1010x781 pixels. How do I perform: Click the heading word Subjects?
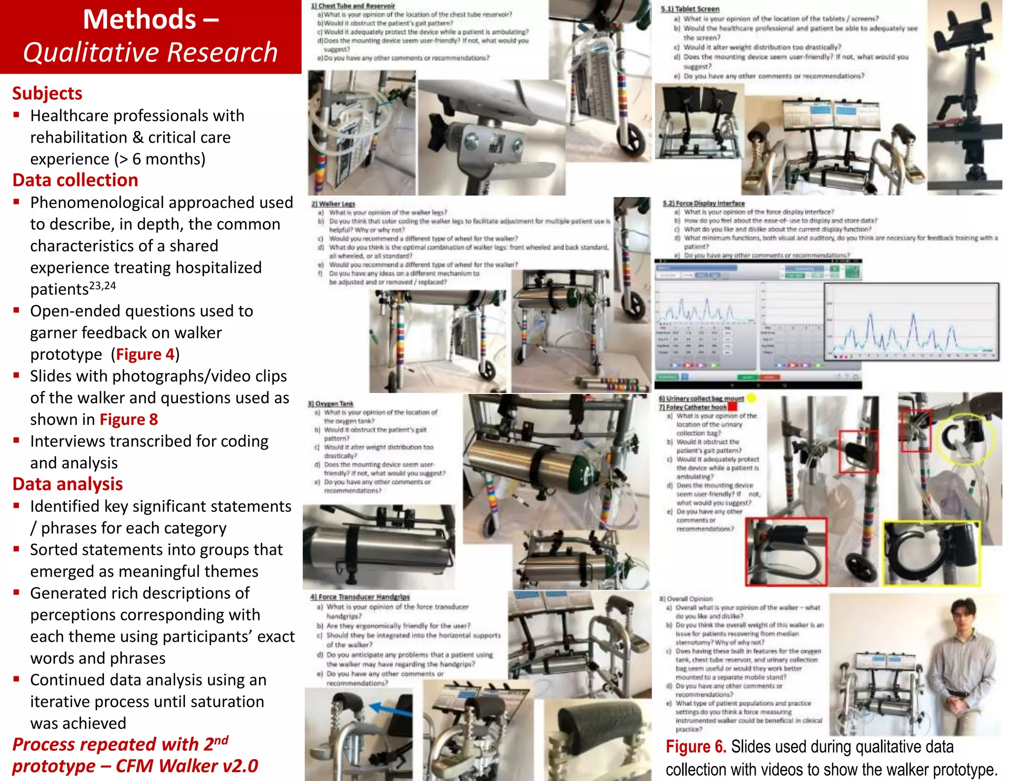[47, 93]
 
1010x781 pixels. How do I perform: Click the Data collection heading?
[75, 180]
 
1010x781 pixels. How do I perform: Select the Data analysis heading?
[68, 484]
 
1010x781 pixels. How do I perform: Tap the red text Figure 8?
[128, 420]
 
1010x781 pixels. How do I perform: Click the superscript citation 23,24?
[103, 286]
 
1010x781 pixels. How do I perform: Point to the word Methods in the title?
[140, 20]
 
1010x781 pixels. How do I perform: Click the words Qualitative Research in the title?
[150, 52]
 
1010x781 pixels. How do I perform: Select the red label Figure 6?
[695, 746]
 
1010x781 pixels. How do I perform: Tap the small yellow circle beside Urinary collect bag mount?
[751, 398]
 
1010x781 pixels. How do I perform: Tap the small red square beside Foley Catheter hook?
[732, 407]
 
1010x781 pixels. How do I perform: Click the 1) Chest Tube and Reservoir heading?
[353, 6]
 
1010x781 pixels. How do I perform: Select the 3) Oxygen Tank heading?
[331, 403]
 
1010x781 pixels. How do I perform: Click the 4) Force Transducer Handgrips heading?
[360, 597]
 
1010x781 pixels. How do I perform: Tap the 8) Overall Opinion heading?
[686, 599]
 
